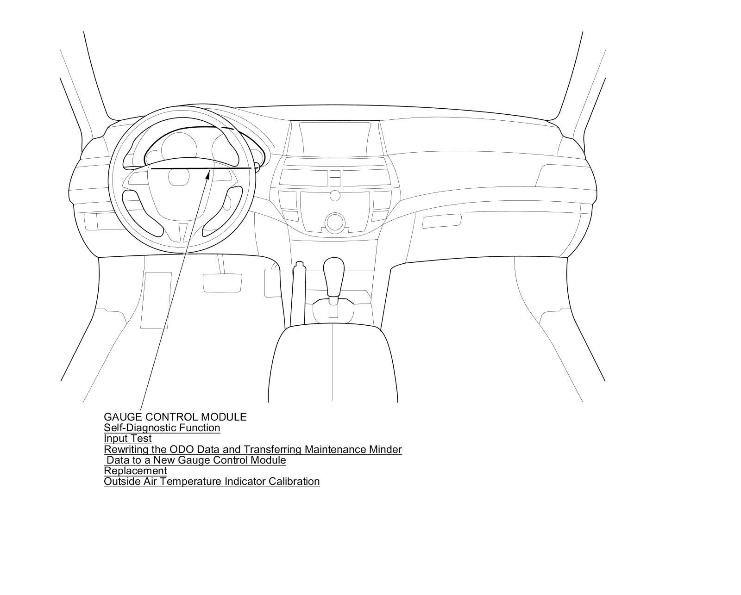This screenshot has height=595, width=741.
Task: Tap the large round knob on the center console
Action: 335,223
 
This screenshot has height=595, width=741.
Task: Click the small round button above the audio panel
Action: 335,195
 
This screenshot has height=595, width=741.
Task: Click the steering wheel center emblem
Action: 179,177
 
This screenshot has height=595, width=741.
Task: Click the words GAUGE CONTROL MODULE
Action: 175,417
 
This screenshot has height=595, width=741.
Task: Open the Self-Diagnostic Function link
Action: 162,428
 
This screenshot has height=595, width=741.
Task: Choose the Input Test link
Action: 127,438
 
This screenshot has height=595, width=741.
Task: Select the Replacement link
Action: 135,471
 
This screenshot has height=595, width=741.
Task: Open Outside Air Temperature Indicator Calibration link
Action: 212,481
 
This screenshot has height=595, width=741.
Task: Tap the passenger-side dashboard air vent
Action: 442,221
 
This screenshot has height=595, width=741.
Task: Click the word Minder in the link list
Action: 385,449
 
